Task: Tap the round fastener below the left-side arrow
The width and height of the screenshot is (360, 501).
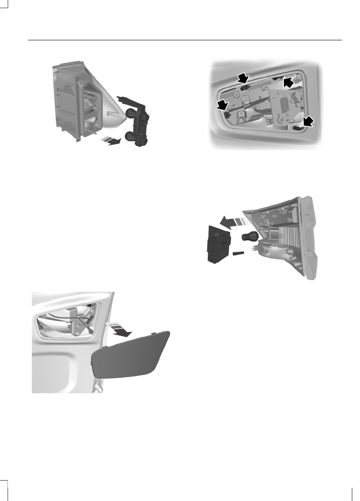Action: (227, 115)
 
